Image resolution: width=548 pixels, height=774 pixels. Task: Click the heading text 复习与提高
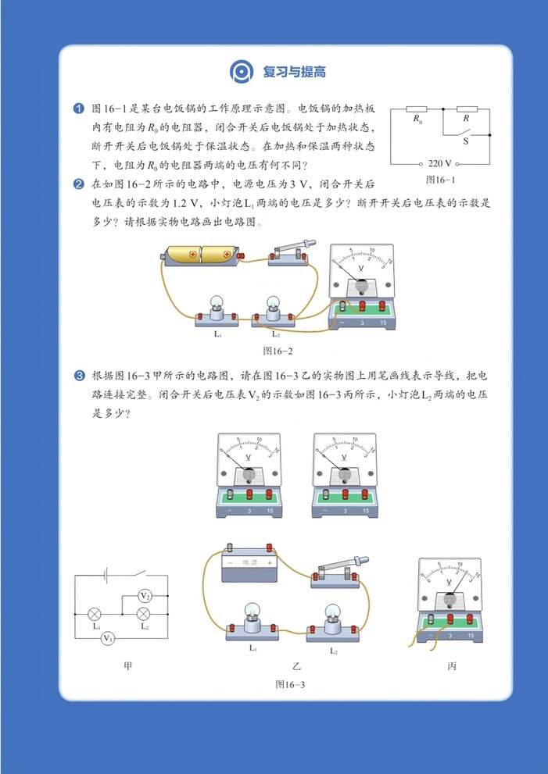coord(294,73)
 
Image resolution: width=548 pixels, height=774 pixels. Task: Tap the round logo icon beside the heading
coord(242,72)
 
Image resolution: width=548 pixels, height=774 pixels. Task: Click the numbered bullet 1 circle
coord(78,108)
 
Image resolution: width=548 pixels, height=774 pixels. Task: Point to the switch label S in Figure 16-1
coord(466,142)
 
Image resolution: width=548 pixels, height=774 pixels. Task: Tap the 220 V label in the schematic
coord(440,164)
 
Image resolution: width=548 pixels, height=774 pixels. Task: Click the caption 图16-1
coord(440,179)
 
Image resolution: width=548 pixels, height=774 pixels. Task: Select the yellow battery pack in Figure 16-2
coord(200,255)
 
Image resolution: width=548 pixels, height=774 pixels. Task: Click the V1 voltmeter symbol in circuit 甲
coord(109,638)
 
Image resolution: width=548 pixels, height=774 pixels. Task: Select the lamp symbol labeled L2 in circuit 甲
coord(145,613)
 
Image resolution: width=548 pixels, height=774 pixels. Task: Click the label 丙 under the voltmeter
coord(452,666)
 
